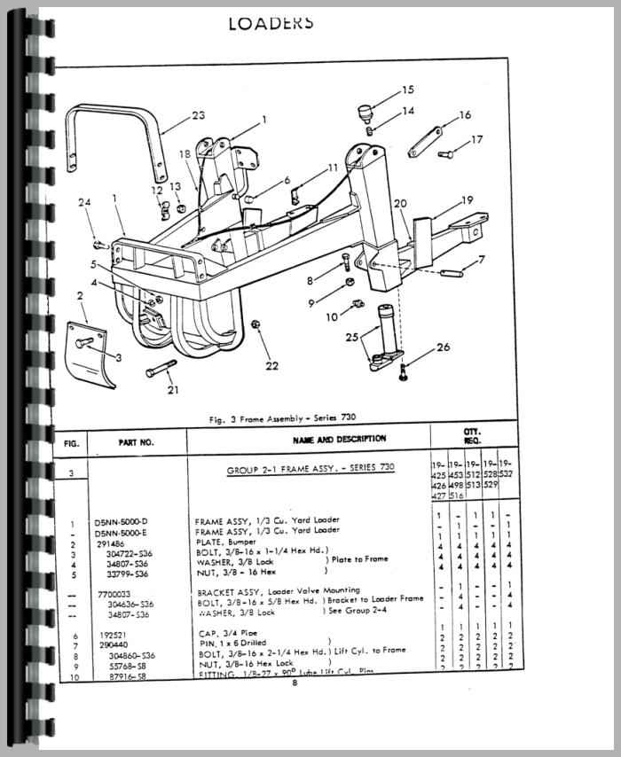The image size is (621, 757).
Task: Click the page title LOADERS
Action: point(271,23)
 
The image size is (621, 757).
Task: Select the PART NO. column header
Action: point(136,440)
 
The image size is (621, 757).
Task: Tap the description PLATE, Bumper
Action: point(224,541)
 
